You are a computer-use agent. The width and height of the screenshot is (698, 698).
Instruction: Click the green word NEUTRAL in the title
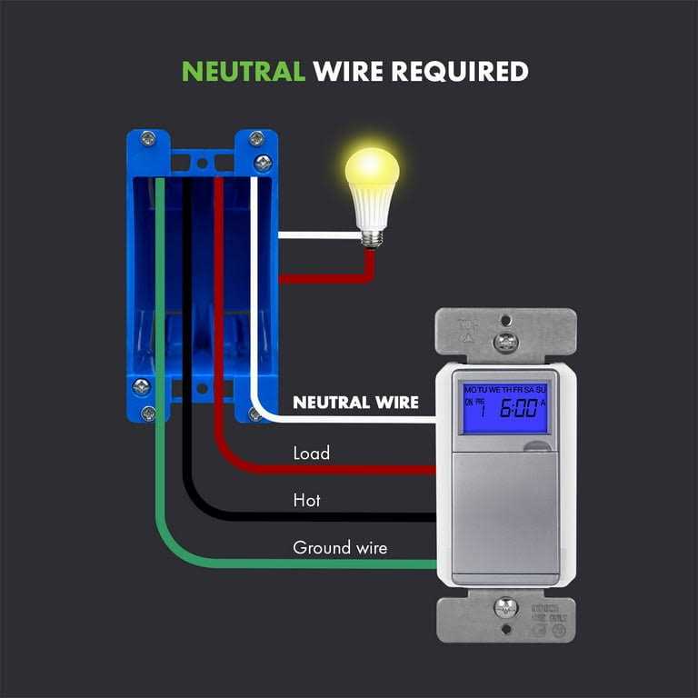(x=244, y=71)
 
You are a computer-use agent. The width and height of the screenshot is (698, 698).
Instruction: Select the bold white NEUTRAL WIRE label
(x=355, y=403)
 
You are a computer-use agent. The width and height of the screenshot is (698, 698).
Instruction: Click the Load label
(x=311, y=452)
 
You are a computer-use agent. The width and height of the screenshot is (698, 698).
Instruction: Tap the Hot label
(x=306, y=500)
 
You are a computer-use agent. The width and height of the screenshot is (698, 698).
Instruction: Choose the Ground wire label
(x=339, y=548)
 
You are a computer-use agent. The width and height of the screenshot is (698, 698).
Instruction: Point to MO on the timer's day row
(x=471, y=389)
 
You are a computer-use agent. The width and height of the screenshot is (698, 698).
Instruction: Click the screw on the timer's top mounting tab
(x=505, y=341)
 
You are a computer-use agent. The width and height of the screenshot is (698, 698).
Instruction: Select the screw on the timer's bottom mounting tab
(x=505, y=606)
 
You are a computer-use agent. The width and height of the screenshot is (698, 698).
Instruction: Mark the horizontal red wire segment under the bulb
(x=323, y=279)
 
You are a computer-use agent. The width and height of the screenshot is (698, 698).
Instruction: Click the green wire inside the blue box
(x=159, y=273)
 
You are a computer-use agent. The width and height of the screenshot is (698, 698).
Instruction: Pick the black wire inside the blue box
(x=187, y=273)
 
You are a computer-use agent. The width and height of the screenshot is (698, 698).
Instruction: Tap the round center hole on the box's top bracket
(x=202, y=164)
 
